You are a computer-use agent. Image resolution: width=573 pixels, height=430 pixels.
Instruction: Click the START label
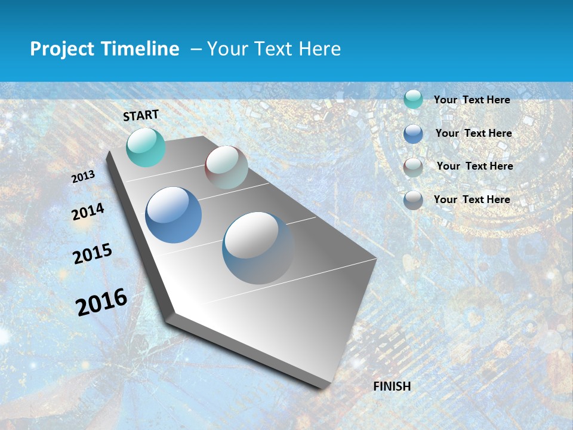pyautogui.click(x=141, y=115)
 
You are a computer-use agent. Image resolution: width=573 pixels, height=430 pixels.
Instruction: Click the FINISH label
pyautogui.click(x=392, y=386)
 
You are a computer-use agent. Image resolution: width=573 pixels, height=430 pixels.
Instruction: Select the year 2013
pyautogui.click(x=83, y=177)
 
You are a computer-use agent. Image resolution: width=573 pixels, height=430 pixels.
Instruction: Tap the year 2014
pyautogui.click(x=88, y=211)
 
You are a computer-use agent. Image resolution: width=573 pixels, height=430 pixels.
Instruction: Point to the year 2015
pyautogui.click(x=93, y=254)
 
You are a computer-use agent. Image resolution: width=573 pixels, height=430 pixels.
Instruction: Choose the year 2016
pyautogui.click(x=101, y=302)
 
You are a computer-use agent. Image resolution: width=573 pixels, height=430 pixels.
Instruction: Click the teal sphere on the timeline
pyautogui.click(x=146, y=147)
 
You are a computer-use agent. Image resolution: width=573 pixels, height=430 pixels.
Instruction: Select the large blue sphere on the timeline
pyautogui.click(x=174, y=215)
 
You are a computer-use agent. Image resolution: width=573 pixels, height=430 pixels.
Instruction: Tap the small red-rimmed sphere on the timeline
pyautogui.click(x=226, y=167)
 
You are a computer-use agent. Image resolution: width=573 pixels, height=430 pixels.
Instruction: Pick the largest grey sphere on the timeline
pyautogui.click(x=258, y=248)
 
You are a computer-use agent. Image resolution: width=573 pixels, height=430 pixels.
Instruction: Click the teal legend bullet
pyautogui.click(x=413, y=99)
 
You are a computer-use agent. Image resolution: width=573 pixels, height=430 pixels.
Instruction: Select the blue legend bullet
pyautogui.click(x=413, y=134)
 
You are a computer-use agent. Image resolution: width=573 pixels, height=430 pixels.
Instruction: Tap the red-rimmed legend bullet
pyautogui.click(x=413, y=167)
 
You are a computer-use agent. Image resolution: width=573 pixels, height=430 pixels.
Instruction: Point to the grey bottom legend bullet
pyautogui.click(x=413, y=200)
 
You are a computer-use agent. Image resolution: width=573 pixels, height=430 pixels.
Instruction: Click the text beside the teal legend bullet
pyautogui.click(x=472, y=100)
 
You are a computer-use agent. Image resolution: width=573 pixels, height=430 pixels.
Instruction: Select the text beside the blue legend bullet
pyautogui.click(x=473, y=133)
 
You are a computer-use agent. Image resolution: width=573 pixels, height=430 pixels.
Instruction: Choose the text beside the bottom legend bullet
pyautogui.click(x=472, y=199)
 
